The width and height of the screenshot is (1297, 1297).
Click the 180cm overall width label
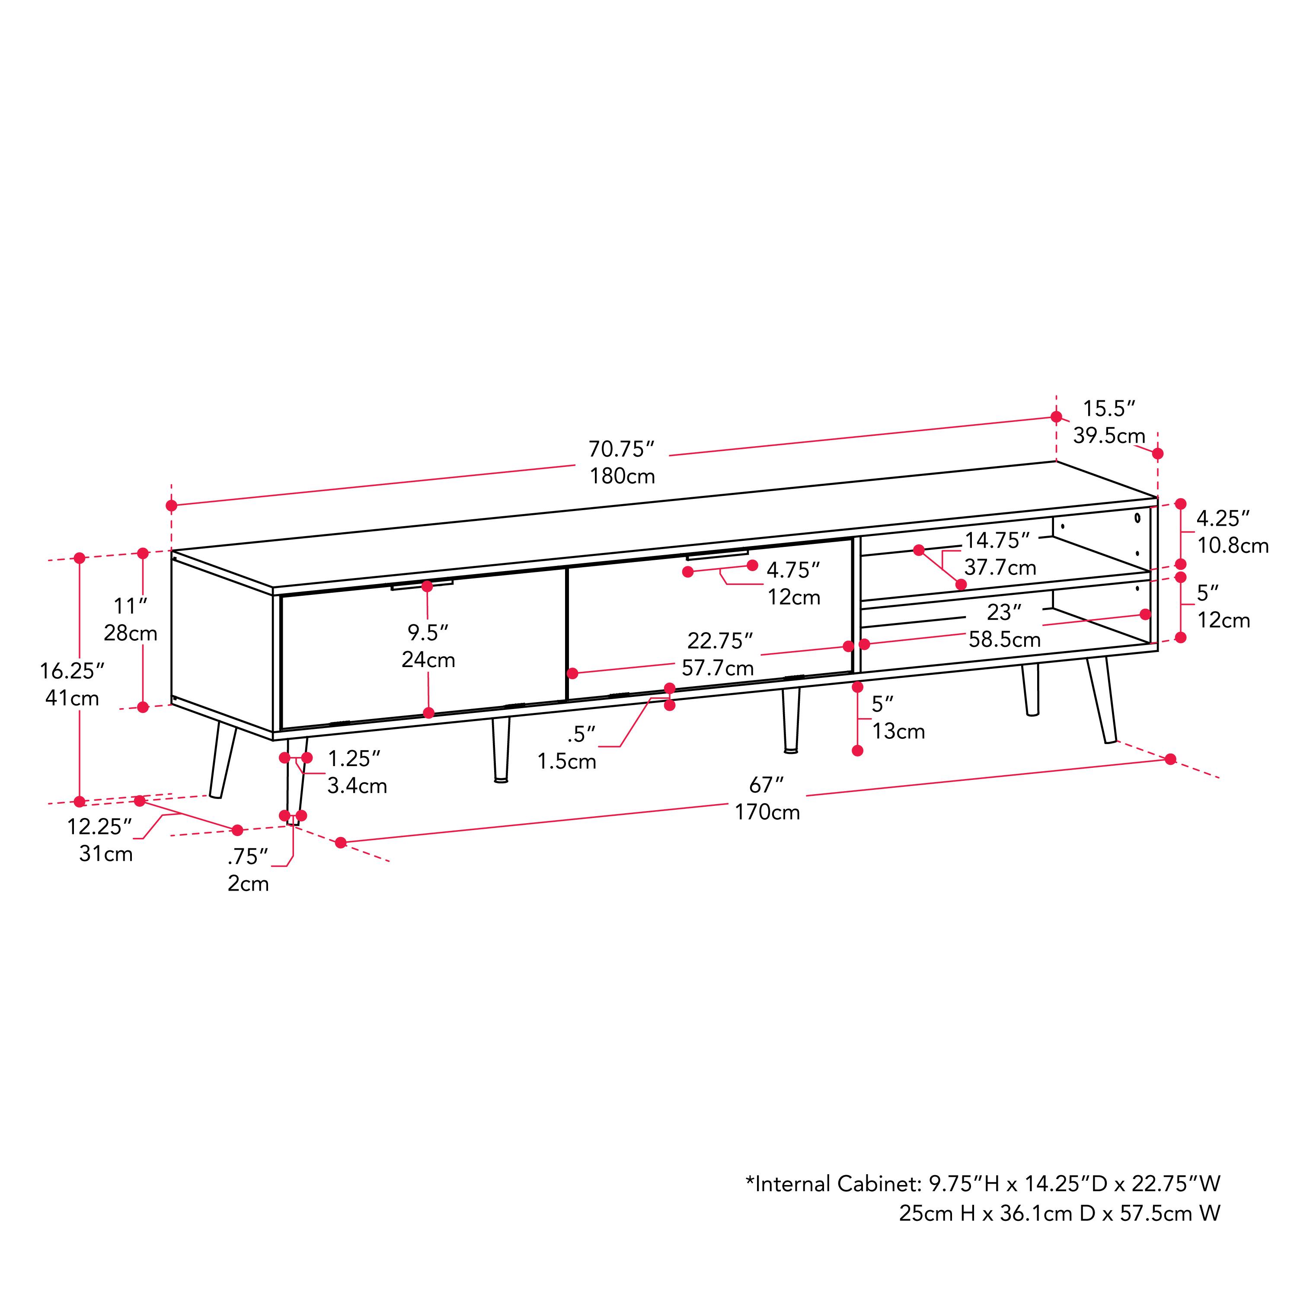622,476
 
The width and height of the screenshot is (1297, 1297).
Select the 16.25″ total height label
72,671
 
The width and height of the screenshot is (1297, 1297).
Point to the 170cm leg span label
767,812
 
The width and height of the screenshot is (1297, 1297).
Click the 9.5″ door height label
428,633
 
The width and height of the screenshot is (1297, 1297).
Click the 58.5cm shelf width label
1004,639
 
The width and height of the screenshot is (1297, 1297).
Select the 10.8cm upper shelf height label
1233,546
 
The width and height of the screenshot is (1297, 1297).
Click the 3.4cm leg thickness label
357,786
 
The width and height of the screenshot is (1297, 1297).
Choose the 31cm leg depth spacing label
105,854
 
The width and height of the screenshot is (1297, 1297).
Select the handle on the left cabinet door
422,585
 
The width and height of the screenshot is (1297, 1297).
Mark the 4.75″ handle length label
793,570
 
